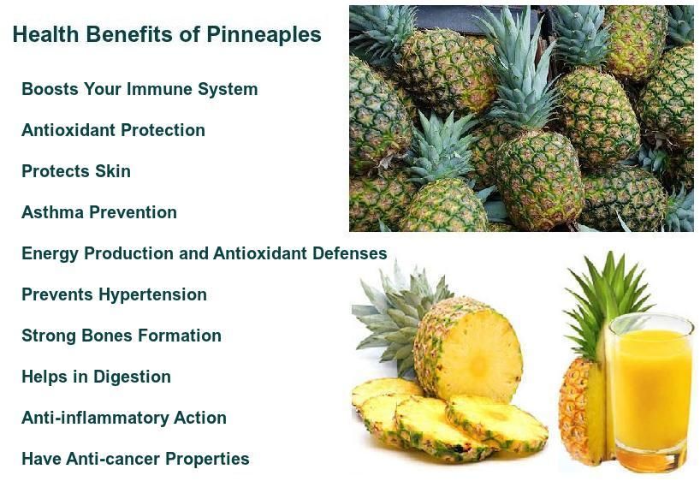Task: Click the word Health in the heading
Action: click(44, 34)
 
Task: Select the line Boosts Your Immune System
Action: click(139, 89)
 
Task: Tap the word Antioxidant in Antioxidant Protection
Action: click(68, 130)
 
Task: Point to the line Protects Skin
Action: click(76, 171)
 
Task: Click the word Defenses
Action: click(351, 253)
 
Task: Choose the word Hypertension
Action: click(151, 294)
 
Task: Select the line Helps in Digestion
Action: click(96, 377)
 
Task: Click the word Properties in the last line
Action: click(206, 459)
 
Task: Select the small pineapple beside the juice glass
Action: click(581, 411)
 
